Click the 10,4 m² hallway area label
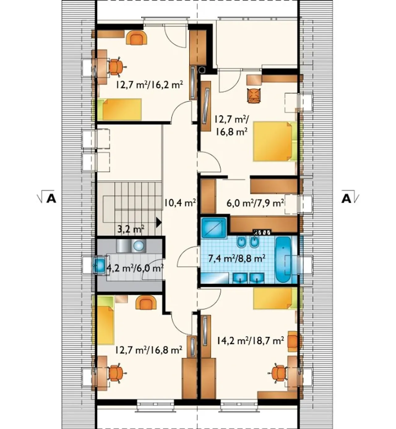pos(180,203)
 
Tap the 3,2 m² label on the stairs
pos(131,229)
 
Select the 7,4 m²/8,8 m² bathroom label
pos(237,258)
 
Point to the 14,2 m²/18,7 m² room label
pos(250,341)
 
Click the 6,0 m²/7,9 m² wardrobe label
pos(255,203)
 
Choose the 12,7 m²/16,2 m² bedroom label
pos(149,85)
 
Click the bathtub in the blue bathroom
pos(283,259)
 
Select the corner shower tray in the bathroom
pos(214,228)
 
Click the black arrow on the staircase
pos(159,222)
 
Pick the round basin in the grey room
pos(138,246)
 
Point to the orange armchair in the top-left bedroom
pos(137,37)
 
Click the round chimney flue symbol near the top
pos(202,70)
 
